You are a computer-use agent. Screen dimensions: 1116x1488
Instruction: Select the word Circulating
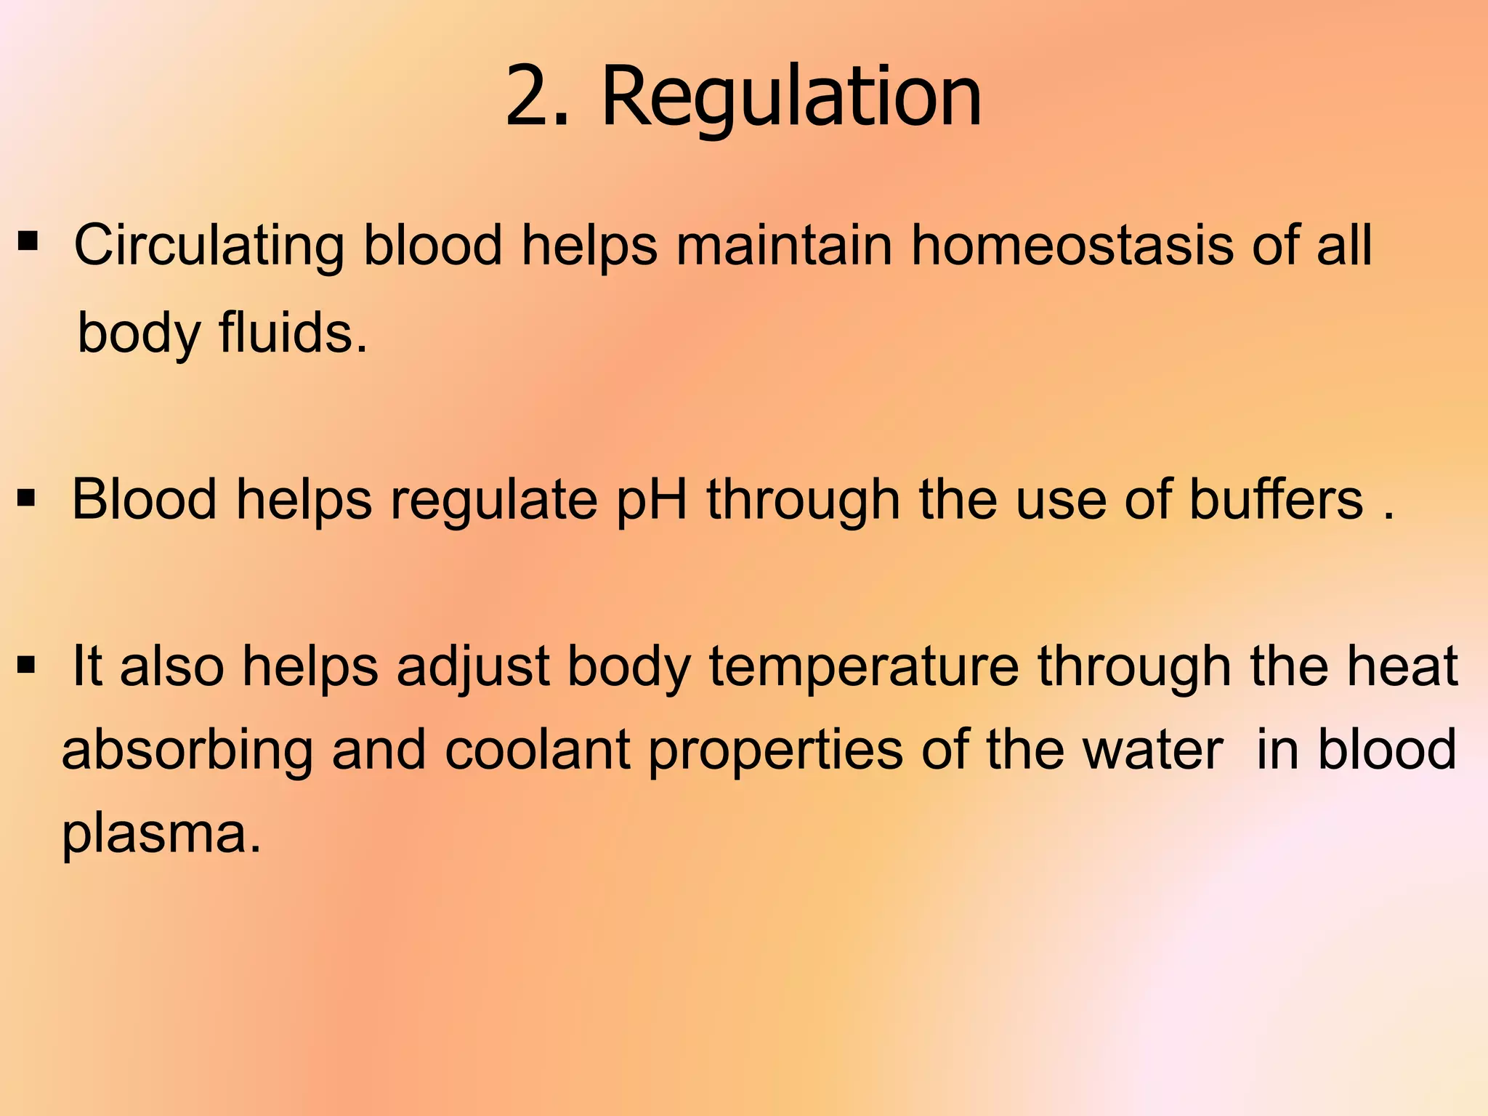(x=209, y=246)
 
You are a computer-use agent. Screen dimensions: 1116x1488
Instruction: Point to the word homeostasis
(x=1072, y=246)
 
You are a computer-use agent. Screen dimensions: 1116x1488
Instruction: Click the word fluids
(x=294, y=333)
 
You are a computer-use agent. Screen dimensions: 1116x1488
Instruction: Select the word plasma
(x=161, y=833)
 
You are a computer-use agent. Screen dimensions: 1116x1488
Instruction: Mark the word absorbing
(x=187, y=750)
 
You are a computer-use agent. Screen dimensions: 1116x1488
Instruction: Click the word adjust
(x=472, y=666)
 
